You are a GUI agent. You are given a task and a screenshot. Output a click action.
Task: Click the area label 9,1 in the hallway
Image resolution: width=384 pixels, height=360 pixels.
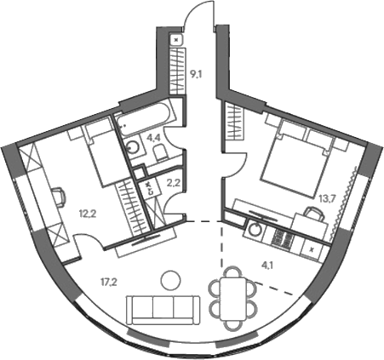tap(195, 75)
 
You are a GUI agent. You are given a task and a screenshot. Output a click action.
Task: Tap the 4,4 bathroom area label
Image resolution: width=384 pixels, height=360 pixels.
tap(153, 139)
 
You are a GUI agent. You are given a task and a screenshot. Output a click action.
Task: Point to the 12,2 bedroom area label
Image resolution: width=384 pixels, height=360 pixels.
tap(88, 214)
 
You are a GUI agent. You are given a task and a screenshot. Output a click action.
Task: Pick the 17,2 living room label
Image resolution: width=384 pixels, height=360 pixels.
tap(109, 283)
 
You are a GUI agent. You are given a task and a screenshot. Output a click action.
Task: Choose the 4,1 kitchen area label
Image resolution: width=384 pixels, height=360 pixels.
tap(266, 266)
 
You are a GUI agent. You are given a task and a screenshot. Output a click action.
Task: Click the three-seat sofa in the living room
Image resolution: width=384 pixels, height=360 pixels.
tap(163, 310)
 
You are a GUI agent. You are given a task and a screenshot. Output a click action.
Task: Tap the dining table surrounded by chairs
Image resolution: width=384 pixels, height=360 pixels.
tap(234, 299)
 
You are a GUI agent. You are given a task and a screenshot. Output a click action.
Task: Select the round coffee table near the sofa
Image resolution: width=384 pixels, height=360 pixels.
tap(170, 280)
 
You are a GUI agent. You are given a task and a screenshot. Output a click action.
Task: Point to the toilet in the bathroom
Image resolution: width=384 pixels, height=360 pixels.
tap(162, 152)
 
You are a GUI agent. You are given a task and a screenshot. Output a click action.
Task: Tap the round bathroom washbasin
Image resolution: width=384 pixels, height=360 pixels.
tap(133, 147)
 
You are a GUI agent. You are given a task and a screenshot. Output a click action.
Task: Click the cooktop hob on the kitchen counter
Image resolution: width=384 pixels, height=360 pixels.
tap(282, 237)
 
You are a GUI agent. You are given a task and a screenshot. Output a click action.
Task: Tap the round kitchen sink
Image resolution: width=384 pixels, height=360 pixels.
tap(255, 229)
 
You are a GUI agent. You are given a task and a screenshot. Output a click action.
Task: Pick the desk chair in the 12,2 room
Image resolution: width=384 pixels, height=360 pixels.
tap(60, 197)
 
